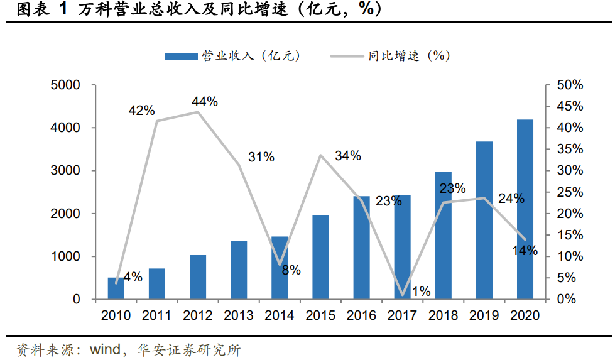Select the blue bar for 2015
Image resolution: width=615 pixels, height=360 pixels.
click(x=320, y=257)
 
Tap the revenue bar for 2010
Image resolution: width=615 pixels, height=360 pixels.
click(x=116, y=288)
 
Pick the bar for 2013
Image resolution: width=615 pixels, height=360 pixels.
click(x=239, y=270)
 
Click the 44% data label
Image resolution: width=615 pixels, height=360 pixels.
click(x=205, y=102)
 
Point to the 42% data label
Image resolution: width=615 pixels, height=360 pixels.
click(x=141, y=111)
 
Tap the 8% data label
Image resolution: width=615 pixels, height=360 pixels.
click(x=291, y=271)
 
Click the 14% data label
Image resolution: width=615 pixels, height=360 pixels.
click(x=525, y=250)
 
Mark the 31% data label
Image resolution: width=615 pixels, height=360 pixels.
click(x=261, y=158)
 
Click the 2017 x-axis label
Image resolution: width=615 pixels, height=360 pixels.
click(x=402, y=315)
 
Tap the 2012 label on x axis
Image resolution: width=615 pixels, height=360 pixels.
click(x=198, y=315)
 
